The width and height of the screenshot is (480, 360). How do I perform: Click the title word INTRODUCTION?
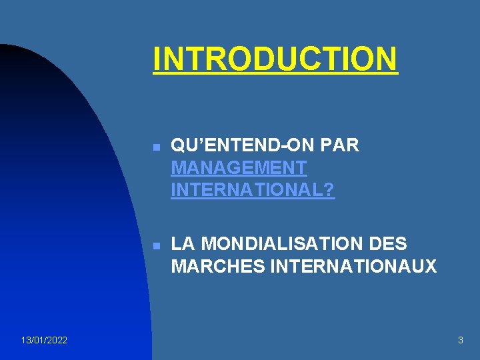(x=275, y=58)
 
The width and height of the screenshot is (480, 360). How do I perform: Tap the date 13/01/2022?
(x=44, y=341)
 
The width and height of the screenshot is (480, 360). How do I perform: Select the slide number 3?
(x=460, y=341)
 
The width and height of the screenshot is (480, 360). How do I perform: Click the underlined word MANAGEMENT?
(x=239, y=168)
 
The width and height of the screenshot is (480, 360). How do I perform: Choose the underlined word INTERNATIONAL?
(x=253, y=190)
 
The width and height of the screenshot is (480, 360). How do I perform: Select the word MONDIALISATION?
(x=281, y=244)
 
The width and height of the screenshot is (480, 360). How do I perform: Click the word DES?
(x=388, y=244)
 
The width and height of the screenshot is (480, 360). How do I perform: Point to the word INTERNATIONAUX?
(x=353, y=267)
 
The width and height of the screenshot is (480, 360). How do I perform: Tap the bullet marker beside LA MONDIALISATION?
(x=155, y=246)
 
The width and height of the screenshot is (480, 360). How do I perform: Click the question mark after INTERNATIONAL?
(x=330, y=190)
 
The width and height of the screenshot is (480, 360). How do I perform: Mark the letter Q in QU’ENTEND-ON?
(x=178, y=146)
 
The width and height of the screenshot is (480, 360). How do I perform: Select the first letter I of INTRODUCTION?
(x=157, y=58)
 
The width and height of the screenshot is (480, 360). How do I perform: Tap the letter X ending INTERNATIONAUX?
(x=431, y=267)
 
